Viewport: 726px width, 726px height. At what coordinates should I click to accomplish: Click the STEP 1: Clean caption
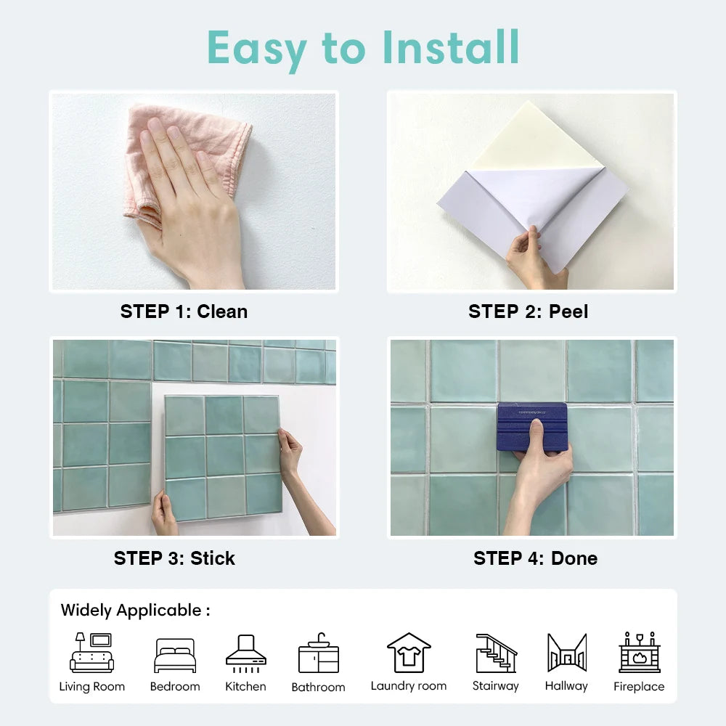click(x=184, y=311)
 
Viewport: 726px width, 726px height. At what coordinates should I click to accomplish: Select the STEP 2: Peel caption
click(x=528, y=311)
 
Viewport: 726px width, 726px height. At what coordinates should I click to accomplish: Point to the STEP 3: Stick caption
click(x=174, y=558)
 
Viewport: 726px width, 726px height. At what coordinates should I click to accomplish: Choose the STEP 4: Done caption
click(x=535, y=558)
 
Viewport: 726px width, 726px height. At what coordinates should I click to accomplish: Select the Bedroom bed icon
click(x=175, y=656)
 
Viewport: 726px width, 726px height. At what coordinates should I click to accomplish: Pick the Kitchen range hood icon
click(x=245, y=651)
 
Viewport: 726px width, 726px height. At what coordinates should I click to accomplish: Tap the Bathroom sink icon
click(x=318, y=653)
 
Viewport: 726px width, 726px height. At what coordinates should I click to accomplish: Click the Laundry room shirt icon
click(x=409, y=653)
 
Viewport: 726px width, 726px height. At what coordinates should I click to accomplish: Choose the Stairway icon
click(x=496, y=653)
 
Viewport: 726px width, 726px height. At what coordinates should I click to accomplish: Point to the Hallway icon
click(x=566, y=653)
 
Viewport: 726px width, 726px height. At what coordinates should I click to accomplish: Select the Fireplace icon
click(x=639, y=653)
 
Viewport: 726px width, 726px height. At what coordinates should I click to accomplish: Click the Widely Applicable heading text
click(x=135, y=610)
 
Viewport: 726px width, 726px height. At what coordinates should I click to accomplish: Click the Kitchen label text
click(x=245, y=686)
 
